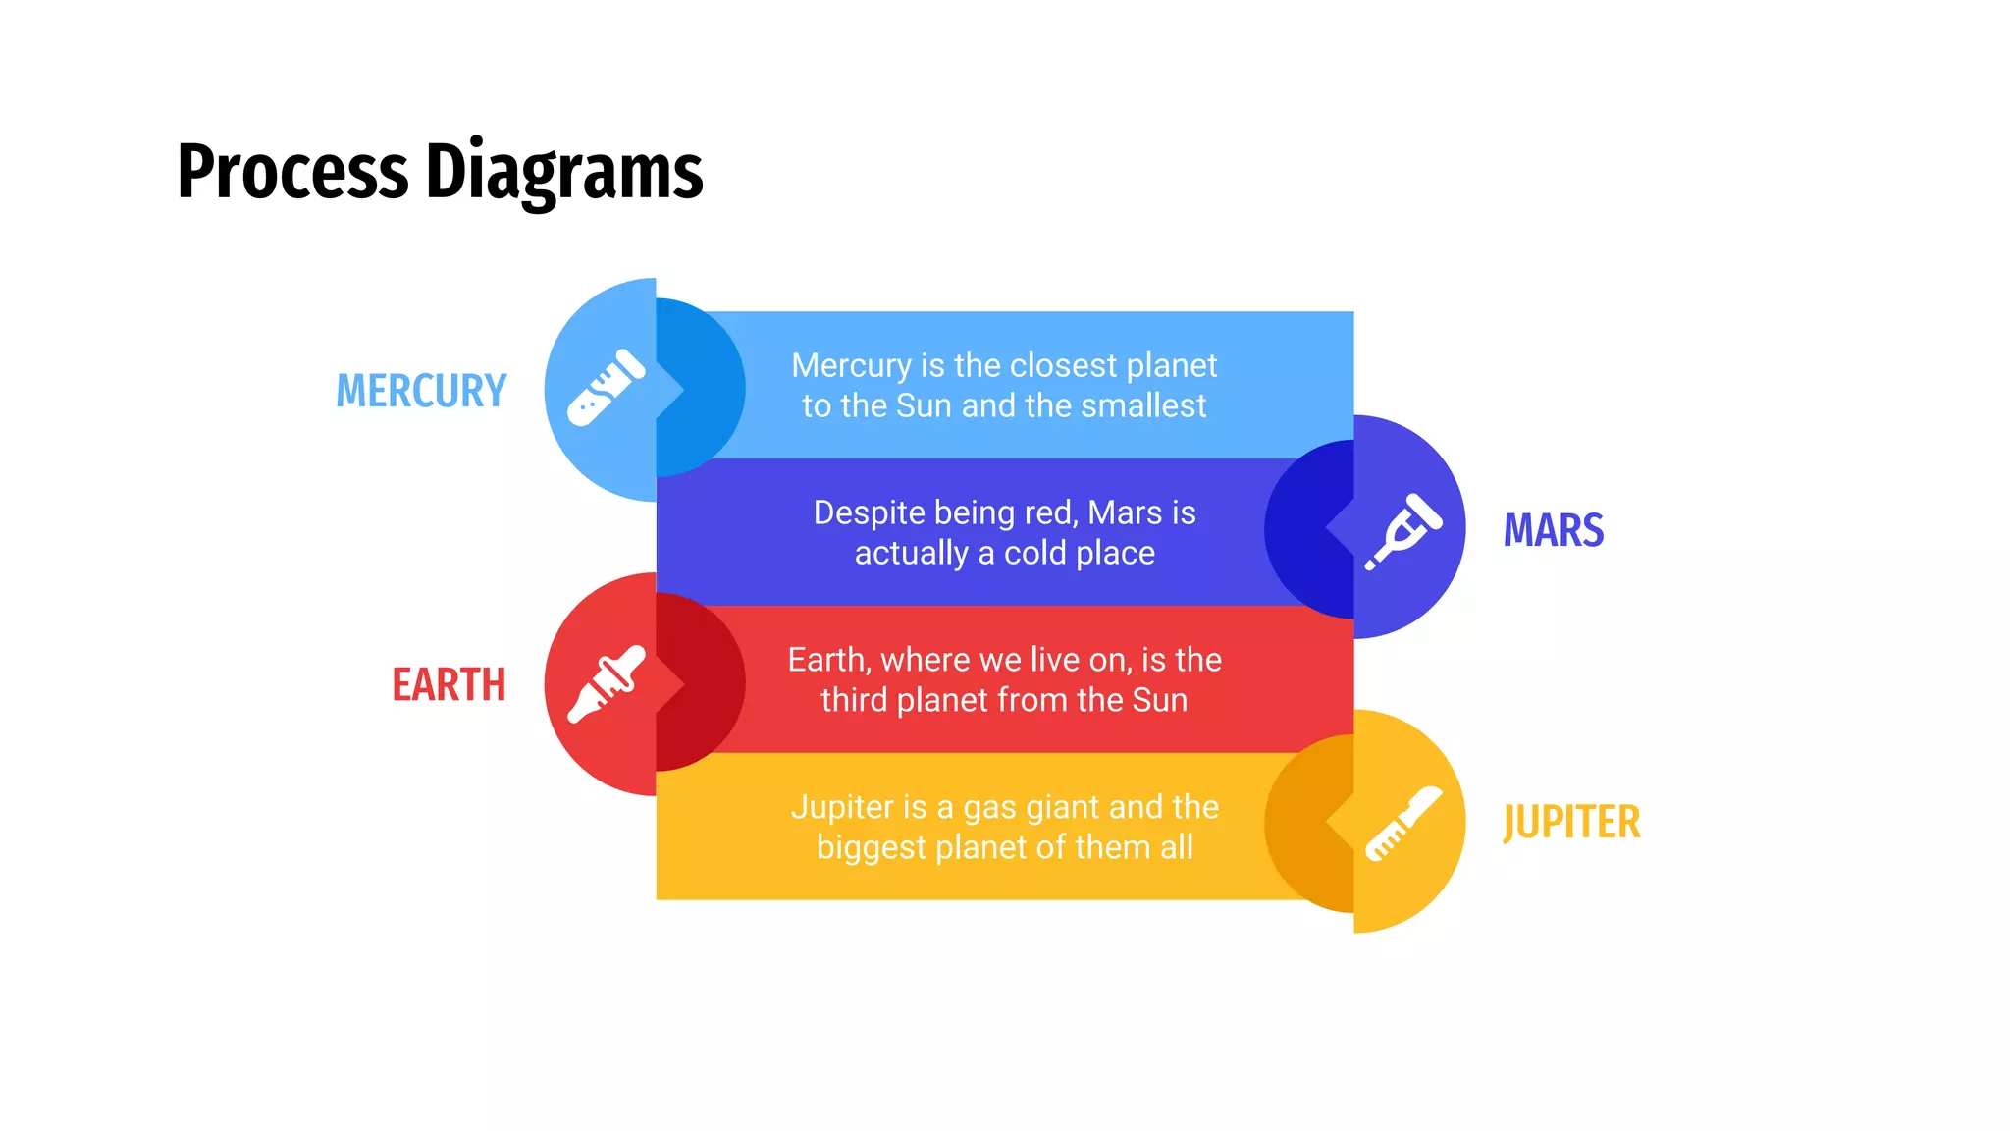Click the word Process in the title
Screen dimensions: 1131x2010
coord(291,173)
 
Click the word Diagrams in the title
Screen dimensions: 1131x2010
coord(564,173)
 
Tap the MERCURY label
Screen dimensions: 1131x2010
coord(421,391)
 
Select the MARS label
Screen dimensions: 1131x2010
coord(1554,530)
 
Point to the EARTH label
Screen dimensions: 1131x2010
coord(449,684)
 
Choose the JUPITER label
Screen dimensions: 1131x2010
coord(1571,822)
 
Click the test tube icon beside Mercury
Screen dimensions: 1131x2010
coord(607,388)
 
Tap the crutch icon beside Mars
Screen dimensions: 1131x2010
coord(1403,530)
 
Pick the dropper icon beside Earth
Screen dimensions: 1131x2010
coord(607,684)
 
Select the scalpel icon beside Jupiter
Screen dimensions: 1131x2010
coord(1403,823)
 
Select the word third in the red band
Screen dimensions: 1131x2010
coord(854,700)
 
